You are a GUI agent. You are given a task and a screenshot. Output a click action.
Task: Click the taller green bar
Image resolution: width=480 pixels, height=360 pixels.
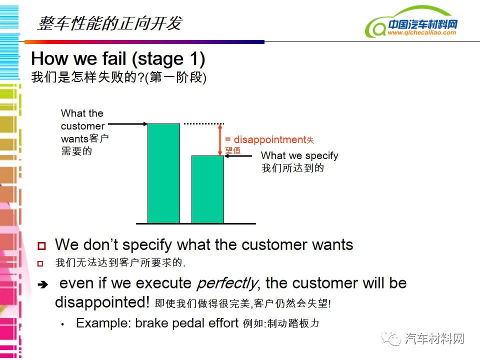pyautogui.click(x=164, y=173)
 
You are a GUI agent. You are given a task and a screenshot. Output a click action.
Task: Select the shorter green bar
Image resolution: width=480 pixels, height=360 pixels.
pyautogui.click(x=208, y=189)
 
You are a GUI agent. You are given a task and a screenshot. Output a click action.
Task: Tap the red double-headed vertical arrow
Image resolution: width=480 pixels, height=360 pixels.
pyautogui.click(x=219, y=139)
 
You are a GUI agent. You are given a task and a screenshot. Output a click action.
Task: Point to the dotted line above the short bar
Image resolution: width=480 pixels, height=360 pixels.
pyautogui.click(x=204, y=123)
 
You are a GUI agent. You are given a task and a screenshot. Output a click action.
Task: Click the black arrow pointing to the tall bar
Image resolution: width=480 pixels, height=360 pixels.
pyautogui.click(x=128, y=124)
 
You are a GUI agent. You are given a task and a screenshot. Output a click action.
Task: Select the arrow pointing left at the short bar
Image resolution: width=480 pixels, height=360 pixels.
pyautogui.click(x=238, y=156)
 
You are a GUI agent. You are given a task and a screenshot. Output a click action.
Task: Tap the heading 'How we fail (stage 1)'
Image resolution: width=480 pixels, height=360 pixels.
pyautogui.click(x=118, y=58)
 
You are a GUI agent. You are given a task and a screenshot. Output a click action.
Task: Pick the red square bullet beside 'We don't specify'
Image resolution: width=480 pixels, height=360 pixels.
pyautogui.click(x=41, y=245)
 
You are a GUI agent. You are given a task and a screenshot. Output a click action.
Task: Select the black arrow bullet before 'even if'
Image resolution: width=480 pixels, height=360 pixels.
pyautogui.click(x=43, y=284)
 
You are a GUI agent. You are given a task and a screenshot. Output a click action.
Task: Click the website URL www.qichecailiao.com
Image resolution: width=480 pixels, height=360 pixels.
pyautogui.click(x=422, y=32)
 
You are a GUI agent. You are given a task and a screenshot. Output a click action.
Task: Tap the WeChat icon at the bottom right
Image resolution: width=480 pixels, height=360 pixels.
pyautogui.click(x=391, y=338)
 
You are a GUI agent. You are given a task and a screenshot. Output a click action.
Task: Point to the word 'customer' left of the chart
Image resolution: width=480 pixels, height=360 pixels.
pyautogui.click(x=82, y=126)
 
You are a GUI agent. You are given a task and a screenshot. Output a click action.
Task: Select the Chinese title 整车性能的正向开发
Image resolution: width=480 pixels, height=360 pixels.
pyautogui.click(x=110, y=23)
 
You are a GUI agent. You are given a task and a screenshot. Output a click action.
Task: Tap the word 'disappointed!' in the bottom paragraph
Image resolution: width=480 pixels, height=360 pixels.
pyautogui.click(x=102, y=302)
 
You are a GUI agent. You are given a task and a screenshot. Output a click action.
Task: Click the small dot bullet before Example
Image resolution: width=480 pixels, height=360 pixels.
pyautogui.click(x=62, y=324)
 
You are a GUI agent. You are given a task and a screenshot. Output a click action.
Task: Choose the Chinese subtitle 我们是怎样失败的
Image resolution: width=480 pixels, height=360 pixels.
pyautogui.click(x=84, y=77)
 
